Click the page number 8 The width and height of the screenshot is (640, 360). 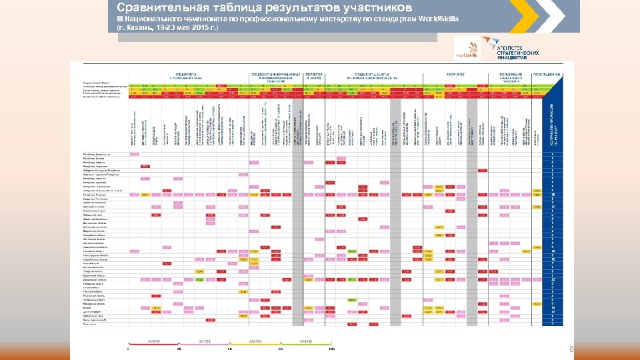coord(571,349)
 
